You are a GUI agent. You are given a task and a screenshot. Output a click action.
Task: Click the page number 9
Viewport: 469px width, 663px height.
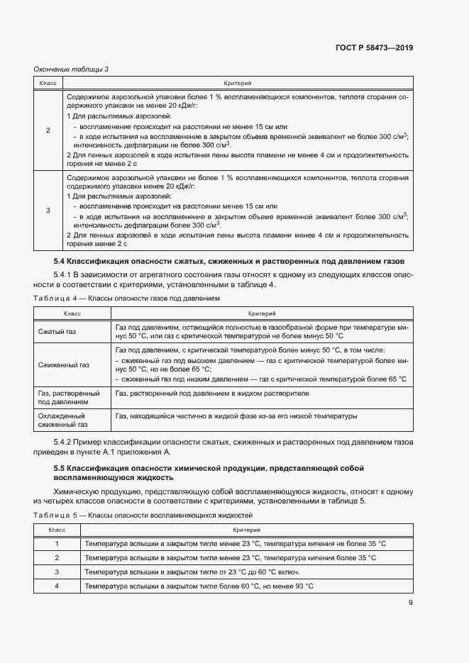tap(410, 603)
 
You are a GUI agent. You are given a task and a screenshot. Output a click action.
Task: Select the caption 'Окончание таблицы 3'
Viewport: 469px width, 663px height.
tap(71, 69)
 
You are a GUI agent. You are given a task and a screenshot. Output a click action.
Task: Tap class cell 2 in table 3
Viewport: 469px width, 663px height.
tap(48, 130)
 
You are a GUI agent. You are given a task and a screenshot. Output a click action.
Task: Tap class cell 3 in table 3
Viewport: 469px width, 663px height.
tap(48, 210)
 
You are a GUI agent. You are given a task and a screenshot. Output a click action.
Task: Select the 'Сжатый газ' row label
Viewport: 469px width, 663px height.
tap(56, 331)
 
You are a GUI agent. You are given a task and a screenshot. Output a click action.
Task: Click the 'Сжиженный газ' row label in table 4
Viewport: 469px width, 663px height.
tap(63, 364)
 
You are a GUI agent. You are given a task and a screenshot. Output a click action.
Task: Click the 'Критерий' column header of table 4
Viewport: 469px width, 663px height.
tap(261, 313)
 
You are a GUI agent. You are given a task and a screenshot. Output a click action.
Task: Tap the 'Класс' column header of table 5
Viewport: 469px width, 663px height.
tap(57, 530)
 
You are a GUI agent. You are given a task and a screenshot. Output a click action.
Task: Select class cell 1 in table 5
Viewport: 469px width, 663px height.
tap(57, 543)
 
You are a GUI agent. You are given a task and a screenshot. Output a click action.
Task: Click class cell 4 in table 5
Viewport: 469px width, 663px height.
tap(57, 586)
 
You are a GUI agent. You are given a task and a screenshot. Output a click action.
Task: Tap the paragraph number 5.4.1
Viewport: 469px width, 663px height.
tap(64, 274)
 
